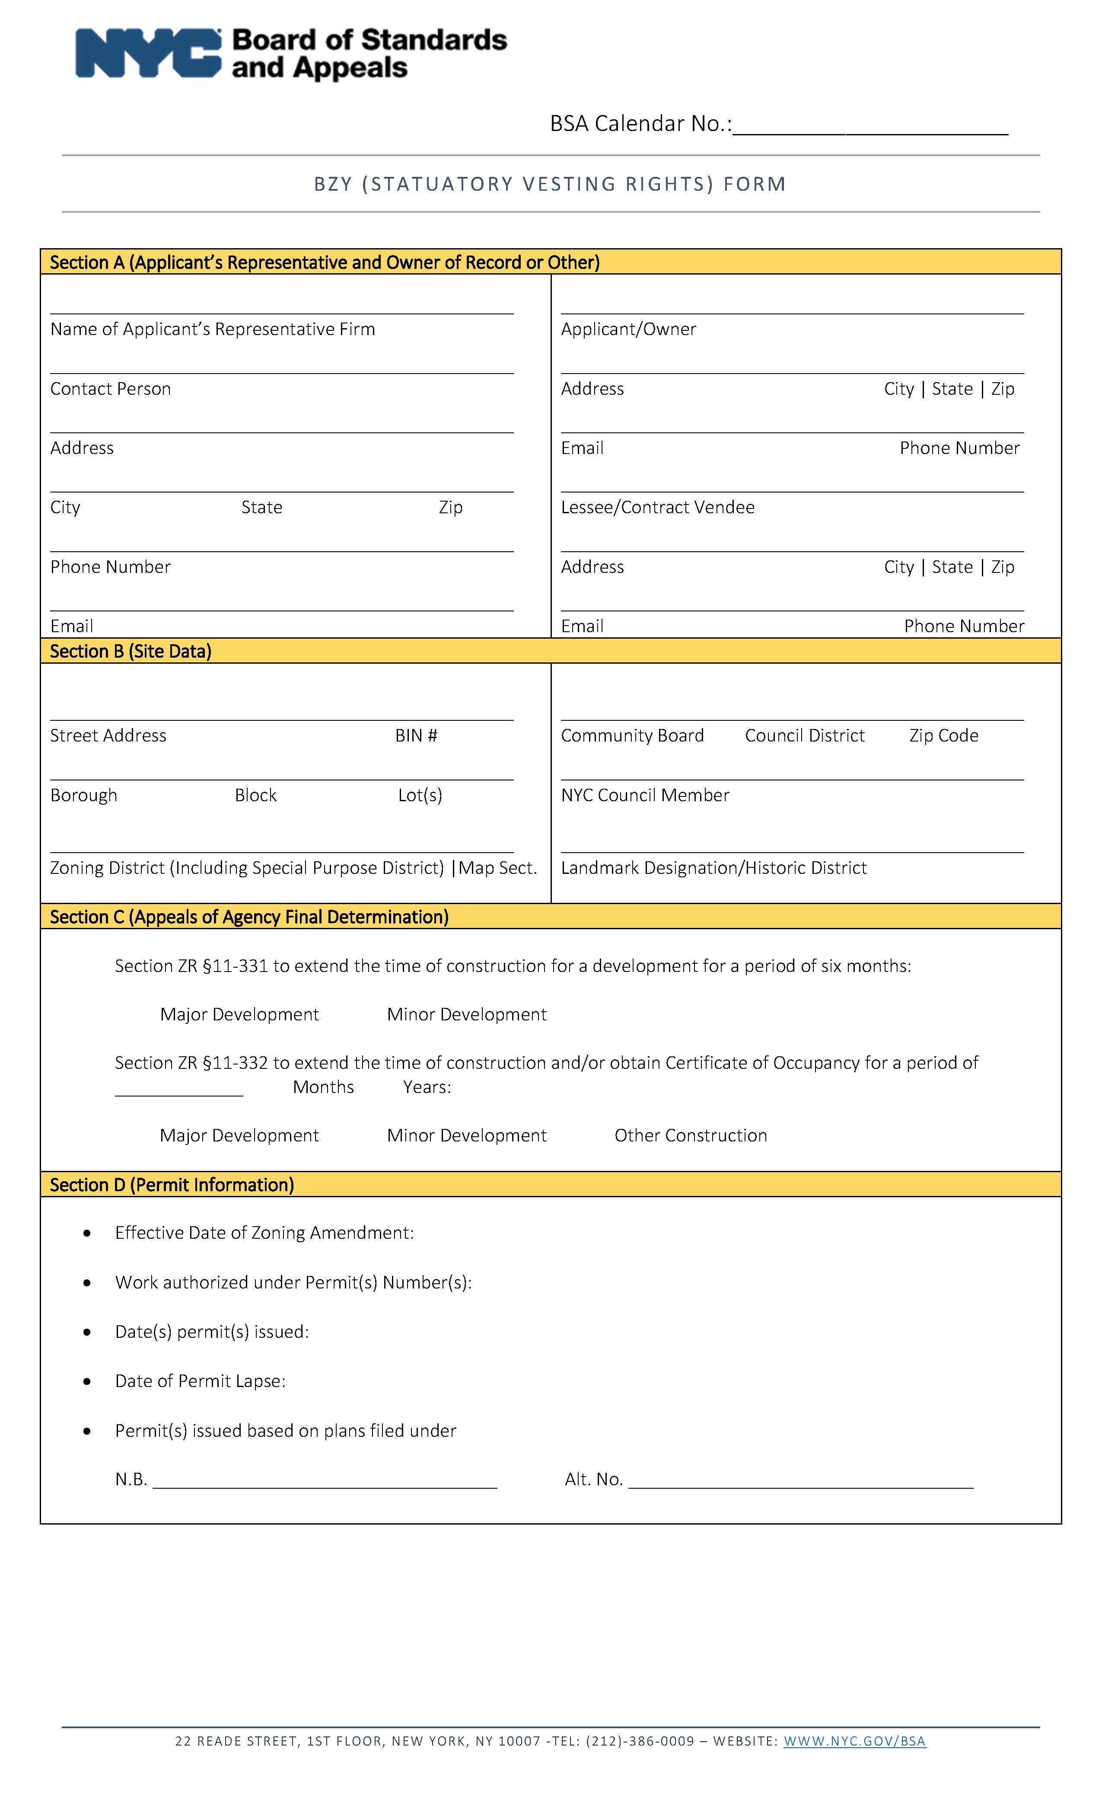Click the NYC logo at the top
(147, 53)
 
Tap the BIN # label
(416, 735)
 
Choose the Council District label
(804, 735)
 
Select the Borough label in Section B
(84, 795)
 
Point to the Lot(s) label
(420, 795)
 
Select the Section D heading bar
(550, 1184)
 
